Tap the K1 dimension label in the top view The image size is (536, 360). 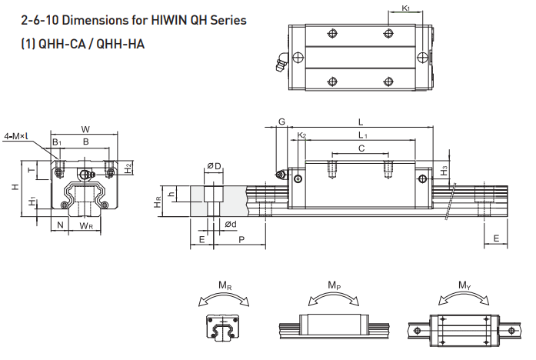405,8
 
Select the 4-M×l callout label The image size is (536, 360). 17,135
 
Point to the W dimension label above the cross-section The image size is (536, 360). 85,128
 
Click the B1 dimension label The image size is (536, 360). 57,142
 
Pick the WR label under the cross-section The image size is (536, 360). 86,226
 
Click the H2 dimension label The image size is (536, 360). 128,167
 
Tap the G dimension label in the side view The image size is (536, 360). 281,122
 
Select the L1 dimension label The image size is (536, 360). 363,135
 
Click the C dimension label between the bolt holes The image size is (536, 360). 361,148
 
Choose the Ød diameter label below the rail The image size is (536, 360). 231,224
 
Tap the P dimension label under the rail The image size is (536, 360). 241,240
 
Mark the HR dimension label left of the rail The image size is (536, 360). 158,202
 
